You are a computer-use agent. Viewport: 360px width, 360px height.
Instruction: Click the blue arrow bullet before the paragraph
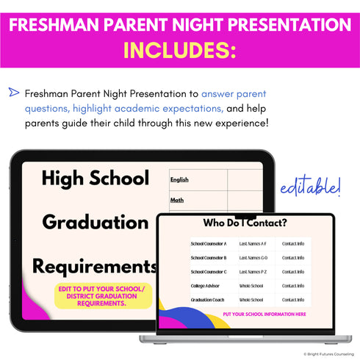click(x=14, y=93)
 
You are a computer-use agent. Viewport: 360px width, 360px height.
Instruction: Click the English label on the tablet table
click(x=179, y=179)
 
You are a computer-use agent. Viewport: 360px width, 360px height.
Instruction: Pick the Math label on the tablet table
click(x=177, y=198)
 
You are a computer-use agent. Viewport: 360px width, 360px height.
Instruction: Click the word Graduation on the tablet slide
click(x=96, y=221)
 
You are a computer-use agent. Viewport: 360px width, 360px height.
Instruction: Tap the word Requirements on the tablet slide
click(x=95, y=265)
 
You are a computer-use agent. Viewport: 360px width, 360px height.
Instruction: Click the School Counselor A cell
click(x=209, y=243)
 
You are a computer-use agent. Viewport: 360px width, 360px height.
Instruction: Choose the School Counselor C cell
click(x=209, y=272)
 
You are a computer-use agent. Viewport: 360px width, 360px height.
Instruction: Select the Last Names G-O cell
click(x=254, y=258)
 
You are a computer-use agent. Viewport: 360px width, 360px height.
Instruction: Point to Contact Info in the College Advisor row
click(x=293, y=286)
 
